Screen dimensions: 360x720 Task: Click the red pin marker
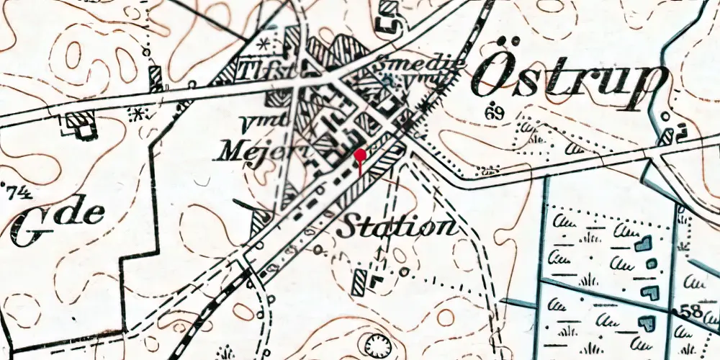tap(360, 155)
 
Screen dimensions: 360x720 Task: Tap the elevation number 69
tap(493, 112)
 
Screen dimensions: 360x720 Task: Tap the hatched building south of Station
tap(359, 283)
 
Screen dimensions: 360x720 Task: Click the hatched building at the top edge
tap(388, 9)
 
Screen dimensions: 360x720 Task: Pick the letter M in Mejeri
tap(229, 150)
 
